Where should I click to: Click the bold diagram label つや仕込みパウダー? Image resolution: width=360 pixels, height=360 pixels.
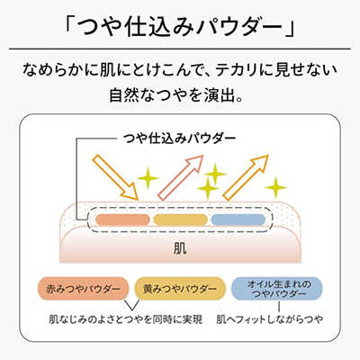pyautogui.click(x=180, y=139)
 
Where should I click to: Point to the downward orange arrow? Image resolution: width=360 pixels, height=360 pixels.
pyautogui.click(x=115, y=177)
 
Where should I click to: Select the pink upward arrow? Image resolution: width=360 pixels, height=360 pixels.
pyautogui.click(x=181, y=177)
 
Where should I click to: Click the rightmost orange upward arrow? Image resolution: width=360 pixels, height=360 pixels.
pyautogui.click(x=246, y=177)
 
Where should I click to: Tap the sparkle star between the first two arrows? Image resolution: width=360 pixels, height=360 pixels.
pyautogui.click(x=148, y=178)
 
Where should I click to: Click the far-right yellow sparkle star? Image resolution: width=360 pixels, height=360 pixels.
pyautogui.click(x=276, y=188)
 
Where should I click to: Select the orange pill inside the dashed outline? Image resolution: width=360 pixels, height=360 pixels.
pyautogui.click(x=122, y=220)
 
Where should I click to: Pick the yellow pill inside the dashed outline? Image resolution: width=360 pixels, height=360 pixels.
pyautogui.click(x=180, y=220)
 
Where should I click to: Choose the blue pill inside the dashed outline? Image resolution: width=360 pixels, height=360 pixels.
pyautogui.click(x=238, y=220)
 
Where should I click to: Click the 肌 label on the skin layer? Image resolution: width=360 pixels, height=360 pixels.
pyautogui.click(x=180, y=248)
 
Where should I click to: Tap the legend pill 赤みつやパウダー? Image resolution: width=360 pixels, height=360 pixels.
pyautogui.click(x=83, y=289)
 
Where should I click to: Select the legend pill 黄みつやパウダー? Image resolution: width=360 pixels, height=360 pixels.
pyautogui.click(x=180, y=289)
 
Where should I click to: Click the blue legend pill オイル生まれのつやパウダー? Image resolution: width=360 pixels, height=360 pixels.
pyautogui.click(x=277, y=289)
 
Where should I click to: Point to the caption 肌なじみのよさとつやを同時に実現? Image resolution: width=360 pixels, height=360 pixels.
pyautogui.click(x=126, y=319)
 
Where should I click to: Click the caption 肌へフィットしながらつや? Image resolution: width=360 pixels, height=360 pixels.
pyautogui.click(x=270, y=319)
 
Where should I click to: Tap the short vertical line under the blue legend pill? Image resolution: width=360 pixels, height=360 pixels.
pyautogui.click(x=279, y=306)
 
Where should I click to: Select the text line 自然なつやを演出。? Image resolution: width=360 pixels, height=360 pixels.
pyautogui.click(x=176, y=95)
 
